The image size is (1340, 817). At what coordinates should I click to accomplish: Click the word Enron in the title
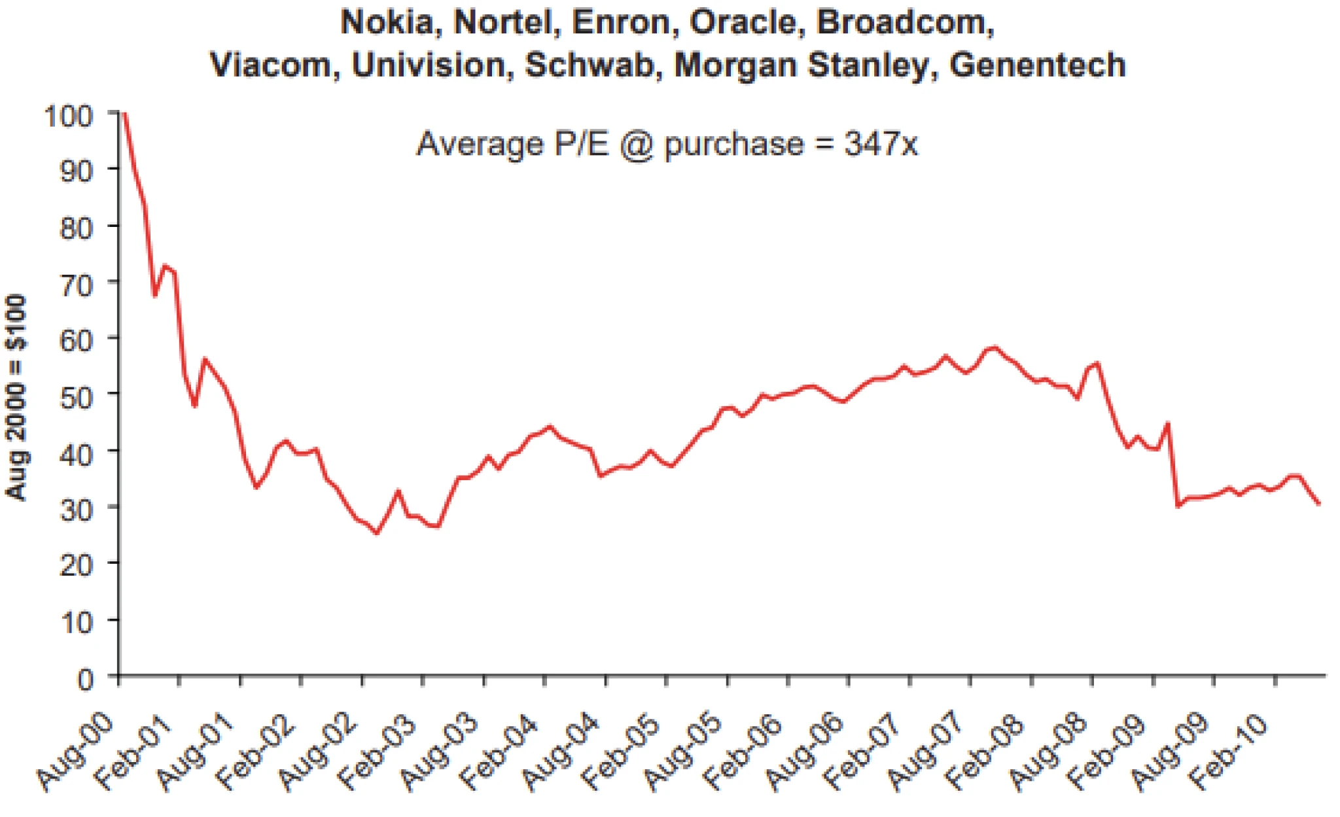[622, 23]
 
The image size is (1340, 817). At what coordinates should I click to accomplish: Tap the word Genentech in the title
[1038, 65]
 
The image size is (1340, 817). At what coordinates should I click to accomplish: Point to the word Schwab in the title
[590, 65]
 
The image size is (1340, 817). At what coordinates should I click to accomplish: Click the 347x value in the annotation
[881, 143]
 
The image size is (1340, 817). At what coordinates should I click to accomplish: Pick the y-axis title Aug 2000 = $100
[16, 398]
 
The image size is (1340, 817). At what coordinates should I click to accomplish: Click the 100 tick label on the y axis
[68, 116]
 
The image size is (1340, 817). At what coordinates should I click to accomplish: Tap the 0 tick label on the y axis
[86, 680]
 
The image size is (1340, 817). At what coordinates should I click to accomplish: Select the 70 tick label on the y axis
[77, 285]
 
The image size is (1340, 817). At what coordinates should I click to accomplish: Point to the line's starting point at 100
[124, 114]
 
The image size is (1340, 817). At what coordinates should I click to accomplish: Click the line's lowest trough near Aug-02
[376, 533]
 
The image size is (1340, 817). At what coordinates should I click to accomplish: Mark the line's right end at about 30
[1319, 503]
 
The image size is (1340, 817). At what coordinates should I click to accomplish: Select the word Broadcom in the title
[905, 23]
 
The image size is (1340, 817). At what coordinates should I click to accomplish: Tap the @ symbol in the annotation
[637, 145]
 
